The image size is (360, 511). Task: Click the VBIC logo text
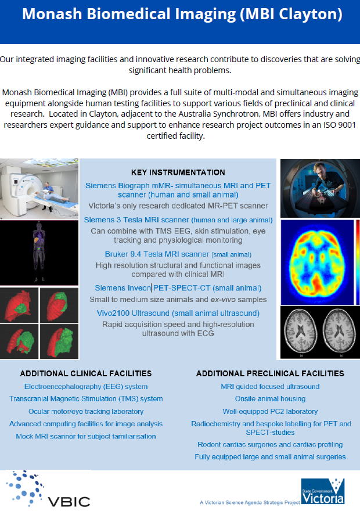[x=69, y=502]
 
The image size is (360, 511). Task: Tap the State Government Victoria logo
[x=322, y=491]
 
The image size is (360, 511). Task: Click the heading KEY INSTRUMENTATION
[x=178, y=172]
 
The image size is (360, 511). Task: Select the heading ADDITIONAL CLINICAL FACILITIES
[x=86, y=373]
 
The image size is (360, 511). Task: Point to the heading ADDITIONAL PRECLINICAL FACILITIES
[x=270, y=373]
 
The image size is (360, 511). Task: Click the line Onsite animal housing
[x=271, y=399]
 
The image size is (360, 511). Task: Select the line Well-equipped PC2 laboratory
[x=270, y=412]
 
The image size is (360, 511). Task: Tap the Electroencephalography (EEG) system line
[x=86, y=387]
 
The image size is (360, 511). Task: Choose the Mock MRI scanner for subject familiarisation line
[x=86, y=436]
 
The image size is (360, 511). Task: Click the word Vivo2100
[x=113, y=313]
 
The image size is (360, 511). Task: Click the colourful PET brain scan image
[x=317, y=262]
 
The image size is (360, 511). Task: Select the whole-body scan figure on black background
[x=39, y=252]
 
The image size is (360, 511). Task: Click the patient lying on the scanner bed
[x=52, y=196]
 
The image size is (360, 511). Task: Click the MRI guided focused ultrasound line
[x=270, y=387]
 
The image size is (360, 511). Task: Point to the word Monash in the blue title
[x=52, y=15]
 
